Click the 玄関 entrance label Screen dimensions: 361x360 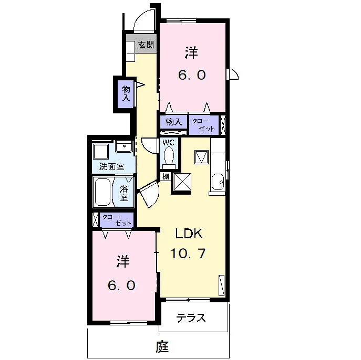146,45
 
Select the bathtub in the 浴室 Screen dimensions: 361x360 102,192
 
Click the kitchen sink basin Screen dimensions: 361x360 218,182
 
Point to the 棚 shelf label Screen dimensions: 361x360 166,176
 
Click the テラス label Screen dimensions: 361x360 191,318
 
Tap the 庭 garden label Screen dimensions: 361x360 162,347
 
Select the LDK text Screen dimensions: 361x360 189,234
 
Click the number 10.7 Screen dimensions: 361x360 188,253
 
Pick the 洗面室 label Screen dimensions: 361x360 111,166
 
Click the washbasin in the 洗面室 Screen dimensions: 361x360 125,146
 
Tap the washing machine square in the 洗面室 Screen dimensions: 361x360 101,152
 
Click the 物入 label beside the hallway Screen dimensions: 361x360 126,93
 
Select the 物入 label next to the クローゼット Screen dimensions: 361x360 174,122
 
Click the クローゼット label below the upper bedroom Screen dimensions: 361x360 203,125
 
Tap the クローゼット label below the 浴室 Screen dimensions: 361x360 117,220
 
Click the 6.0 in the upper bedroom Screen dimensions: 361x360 192,75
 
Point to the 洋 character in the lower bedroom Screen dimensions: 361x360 123,261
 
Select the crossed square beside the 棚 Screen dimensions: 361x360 182,182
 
